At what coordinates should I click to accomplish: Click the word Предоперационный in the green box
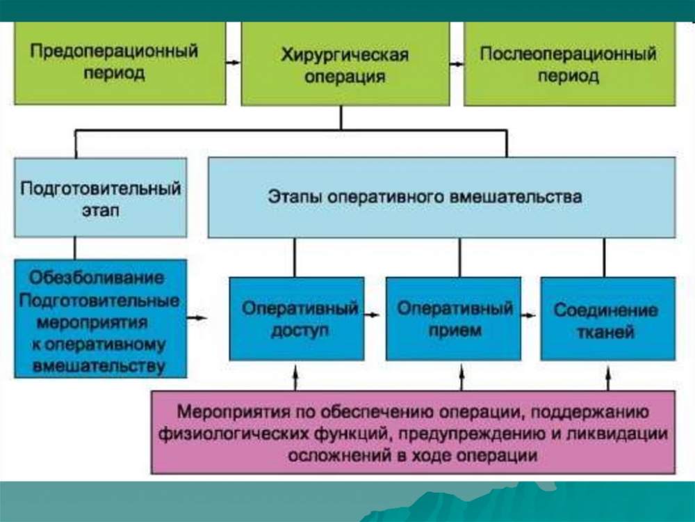[114, 51]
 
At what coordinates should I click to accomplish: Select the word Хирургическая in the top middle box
[345, 54]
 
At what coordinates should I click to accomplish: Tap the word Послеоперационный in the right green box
[569, 54]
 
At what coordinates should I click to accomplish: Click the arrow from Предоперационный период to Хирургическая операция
[233, 63]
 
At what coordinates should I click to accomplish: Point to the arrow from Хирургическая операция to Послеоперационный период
[457, 64]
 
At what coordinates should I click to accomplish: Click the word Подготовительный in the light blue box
[101, 188]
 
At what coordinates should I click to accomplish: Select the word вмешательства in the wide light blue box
[516, 197]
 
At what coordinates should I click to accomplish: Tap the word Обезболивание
[97, 278]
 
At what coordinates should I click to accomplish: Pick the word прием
[455, 331]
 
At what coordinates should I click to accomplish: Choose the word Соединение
[605, 310]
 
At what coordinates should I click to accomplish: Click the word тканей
[605, 332]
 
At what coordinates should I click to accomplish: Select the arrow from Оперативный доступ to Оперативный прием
[372, 315]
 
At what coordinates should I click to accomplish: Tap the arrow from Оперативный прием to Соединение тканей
[528, 315]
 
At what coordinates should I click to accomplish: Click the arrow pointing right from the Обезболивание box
[197, 317]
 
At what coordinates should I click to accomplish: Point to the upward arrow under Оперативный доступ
[295, 378]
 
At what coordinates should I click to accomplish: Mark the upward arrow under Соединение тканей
[608, 379]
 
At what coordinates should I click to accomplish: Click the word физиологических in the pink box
[233, 434]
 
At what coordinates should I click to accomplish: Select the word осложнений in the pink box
[338, 455]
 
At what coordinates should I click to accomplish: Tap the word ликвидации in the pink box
[616, 434]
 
